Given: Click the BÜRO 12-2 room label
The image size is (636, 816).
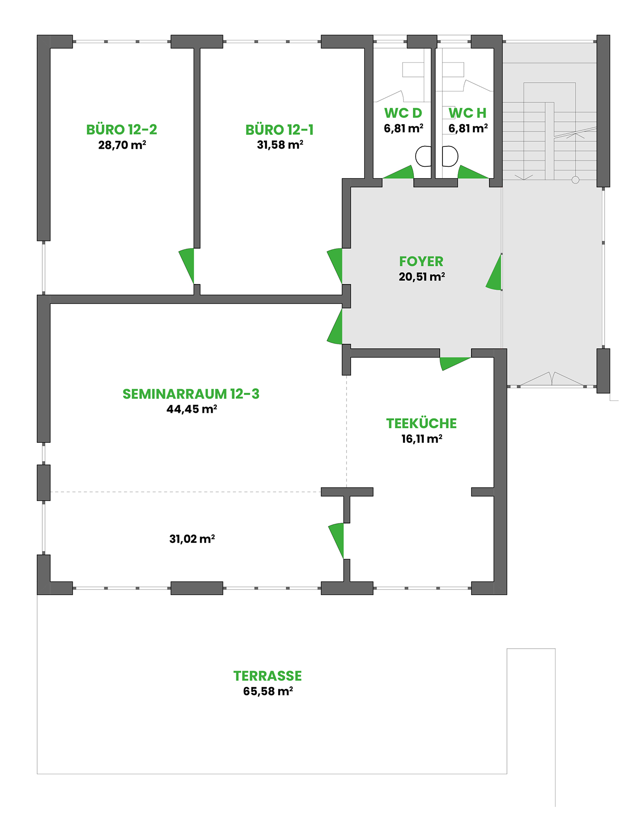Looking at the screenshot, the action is click(122, 130).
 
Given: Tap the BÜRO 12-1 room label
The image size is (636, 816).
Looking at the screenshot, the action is click(279, 130).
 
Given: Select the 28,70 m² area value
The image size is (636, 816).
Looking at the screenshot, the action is click(122, 145).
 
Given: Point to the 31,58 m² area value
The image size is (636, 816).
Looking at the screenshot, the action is click(280, 145).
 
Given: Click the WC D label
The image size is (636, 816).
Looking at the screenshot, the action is click(403, 113).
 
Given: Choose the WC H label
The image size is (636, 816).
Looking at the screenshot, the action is click(467, 113).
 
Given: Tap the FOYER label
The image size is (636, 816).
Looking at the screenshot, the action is click(421, 261).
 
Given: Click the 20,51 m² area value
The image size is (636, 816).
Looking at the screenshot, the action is click(422, 277).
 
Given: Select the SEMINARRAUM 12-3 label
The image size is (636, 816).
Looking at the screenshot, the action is click(191, 394).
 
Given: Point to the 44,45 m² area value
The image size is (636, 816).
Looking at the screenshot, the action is click(192, 409).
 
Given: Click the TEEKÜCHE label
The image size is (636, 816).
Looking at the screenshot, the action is click(422, 423).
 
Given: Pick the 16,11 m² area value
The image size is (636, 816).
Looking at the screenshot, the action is click(422, 439).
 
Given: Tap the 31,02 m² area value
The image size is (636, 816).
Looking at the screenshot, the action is click(192, 539).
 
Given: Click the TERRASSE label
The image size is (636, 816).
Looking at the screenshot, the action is click(268, 676).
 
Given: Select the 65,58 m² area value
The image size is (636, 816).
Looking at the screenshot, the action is click(268, 691).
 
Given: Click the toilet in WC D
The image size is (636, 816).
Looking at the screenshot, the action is click(423, 156).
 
